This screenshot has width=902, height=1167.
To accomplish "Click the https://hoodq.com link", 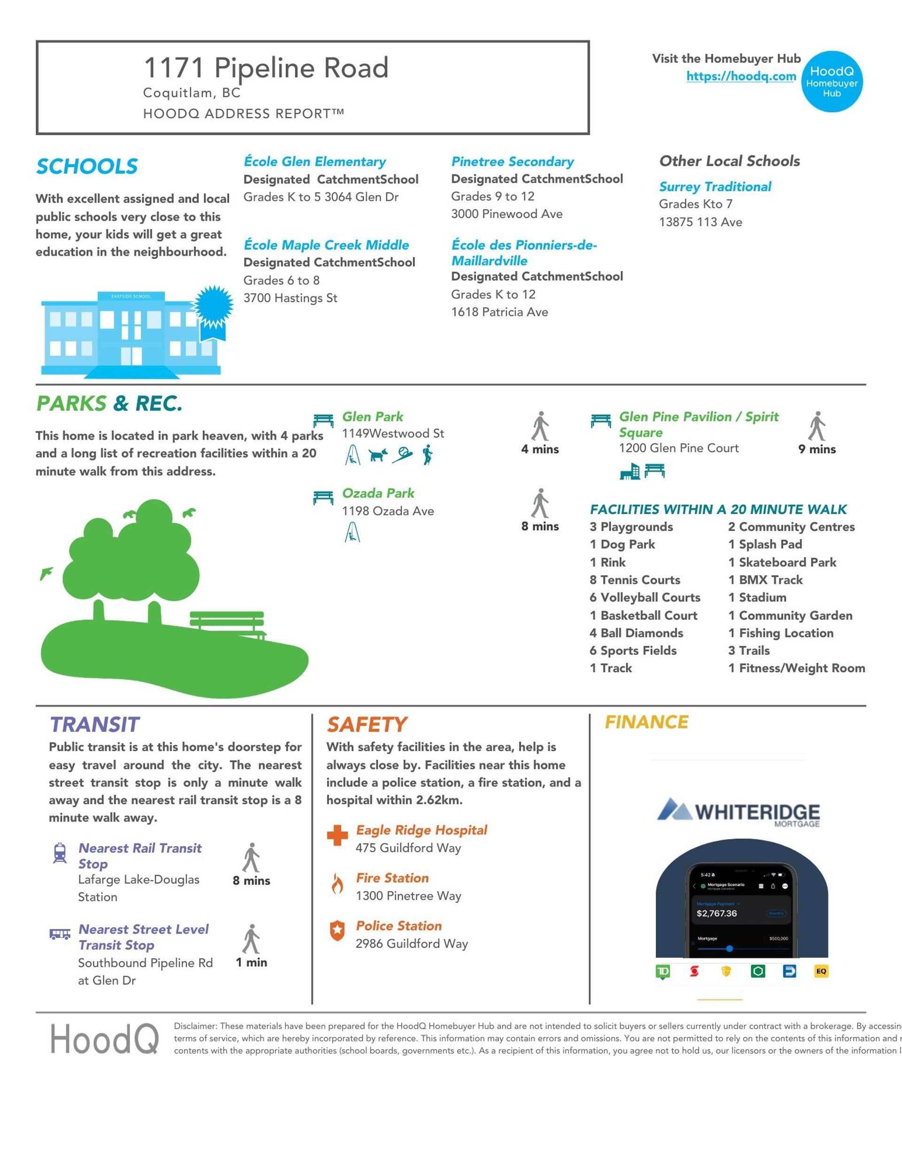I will coord(741,77).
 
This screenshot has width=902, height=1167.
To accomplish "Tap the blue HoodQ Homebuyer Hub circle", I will coord(832,82).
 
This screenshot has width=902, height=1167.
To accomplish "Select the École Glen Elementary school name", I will coord(315,161).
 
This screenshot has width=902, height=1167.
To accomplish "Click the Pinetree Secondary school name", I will coord(513,161).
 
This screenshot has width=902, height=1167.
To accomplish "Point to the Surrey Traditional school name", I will coord(715,187).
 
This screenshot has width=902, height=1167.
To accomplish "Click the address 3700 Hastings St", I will coord(290,298).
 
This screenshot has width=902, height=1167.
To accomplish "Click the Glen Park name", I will coord(373,417).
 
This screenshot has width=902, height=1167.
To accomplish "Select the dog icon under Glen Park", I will coord(378,455).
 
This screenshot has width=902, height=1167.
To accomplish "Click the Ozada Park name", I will coord(378,493).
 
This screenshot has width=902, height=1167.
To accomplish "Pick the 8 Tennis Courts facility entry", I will coord(635,580).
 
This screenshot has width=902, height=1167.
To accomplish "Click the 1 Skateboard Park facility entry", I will coord(782,562).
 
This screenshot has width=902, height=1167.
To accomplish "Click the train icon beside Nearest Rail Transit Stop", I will coord(60,853).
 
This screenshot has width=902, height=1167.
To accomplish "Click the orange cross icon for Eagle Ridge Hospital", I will coord(337,836).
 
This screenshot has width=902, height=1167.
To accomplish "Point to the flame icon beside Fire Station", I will coord(337,884).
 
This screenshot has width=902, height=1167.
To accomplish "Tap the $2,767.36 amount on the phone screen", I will coord(716,913).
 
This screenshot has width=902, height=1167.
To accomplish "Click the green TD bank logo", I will coord(662,971).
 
